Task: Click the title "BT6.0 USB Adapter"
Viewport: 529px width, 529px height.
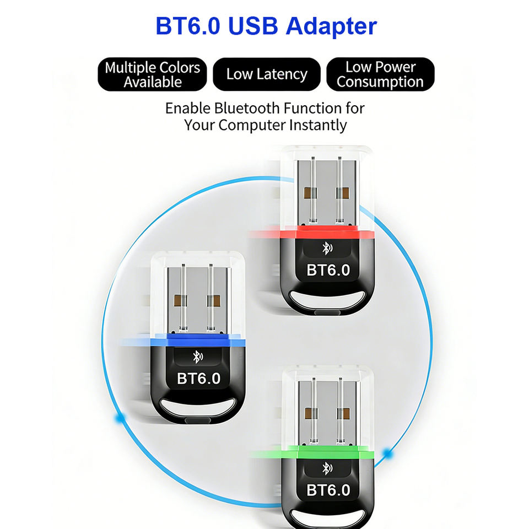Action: [266, 26]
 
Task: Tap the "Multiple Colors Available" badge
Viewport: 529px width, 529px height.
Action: [153, 74]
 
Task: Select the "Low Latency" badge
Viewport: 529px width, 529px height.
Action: [267, 74]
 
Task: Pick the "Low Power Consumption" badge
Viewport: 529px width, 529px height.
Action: [380, 74]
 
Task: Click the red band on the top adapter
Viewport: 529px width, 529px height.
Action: [328, 233]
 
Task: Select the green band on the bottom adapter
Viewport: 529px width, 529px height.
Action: [328, 456]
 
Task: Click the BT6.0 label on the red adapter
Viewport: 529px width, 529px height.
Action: [328, 269]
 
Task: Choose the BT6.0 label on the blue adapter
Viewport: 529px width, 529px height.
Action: [199, 379]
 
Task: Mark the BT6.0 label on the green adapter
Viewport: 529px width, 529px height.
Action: [328, 490]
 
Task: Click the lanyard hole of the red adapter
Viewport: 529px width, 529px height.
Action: [328, 300]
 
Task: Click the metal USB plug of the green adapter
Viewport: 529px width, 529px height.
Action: [328, 411]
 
